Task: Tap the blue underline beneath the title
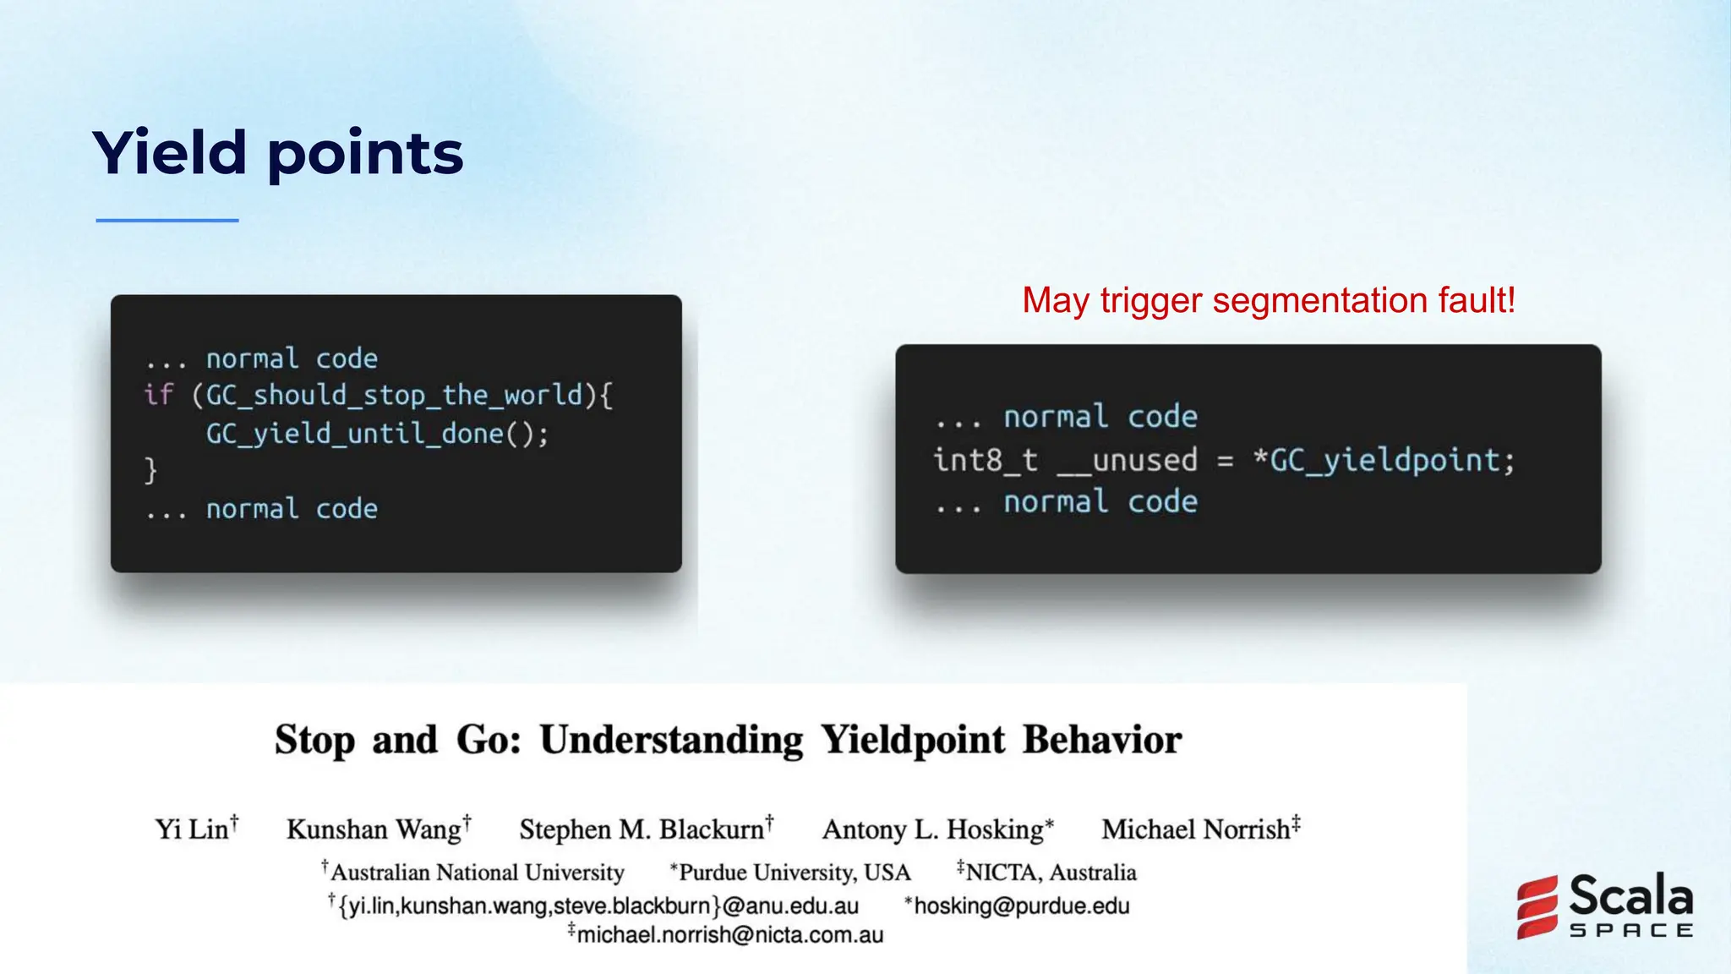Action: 167,221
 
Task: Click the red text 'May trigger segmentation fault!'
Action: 1268,301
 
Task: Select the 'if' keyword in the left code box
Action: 158,395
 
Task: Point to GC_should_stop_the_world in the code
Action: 394,395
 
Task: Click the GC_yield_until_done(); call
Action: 377,434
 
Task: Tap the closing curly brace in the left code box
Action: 150,470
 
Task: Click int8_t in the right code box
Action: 985,461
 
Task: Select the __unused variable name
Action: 1128,461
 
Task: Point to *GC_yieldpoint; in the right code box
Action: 1384,461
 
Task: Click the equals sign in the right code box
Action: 1225,462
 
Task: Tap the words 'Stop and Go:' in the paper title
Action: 397,741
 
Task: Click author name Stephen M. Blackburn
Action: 642,829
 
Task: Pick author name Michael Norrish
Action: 1195,829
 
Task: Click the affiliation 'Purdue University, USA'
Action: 794,873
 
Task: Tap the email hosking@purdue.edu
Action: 1021,906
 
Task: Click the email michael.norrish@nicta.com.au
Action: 729,935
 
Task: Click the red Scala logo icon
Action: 1537,907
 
